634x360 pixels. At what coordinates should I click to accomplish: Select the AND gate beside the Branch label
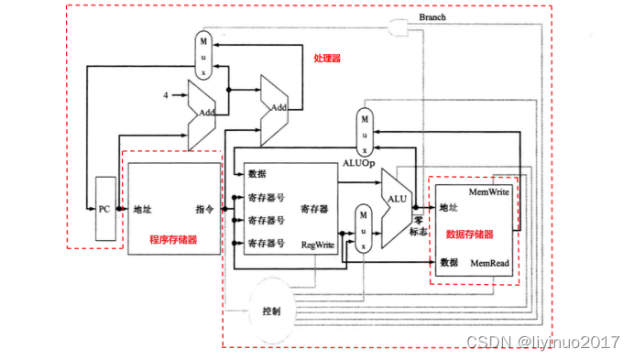tap(399, 29)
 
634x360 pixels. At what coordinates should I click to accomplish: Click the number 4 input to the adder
tap(165, 95)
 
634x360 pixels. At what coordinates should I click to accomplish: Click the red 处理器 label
tap(326, 58)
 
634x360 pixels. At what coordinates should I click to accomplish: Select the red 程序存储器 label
tap(173, 239)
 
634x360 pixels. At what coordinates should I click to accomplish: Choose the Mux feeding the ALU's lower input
tap(365, 227)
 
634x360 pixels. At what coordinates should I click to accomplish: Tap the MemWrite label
tap(489, 192)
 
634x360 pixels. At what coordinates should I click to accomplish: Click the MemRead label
tap(489, 262)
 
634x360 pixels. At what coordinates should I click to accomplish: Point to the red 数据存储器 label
tap(469, 235)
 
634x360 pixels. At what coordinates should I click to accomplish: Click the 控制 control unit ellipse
tap(271, 311)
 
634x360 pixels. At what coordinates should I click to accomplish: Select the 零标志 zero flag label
tap(417, 226)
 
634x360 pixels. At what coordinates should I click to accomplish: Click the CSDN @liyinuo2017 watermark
tap(543, 342)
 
